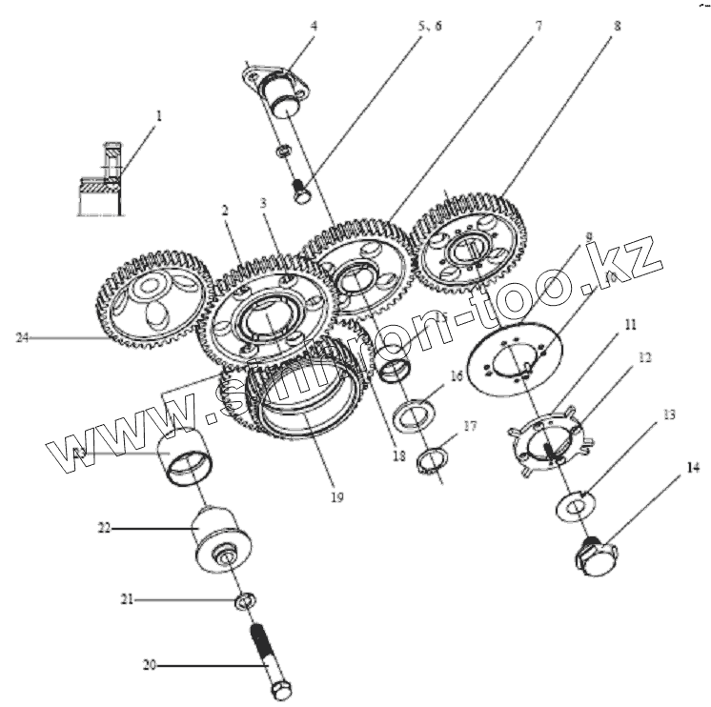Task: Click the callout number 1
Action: (x=159, y=115)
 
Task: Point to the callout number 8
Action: (x=617, y=27)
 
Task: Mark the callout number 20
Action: (x=150, y=664)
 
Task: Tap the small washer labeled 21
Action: (x=244, y=601)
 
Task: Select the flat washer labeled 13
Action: (x=577, y=500)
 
